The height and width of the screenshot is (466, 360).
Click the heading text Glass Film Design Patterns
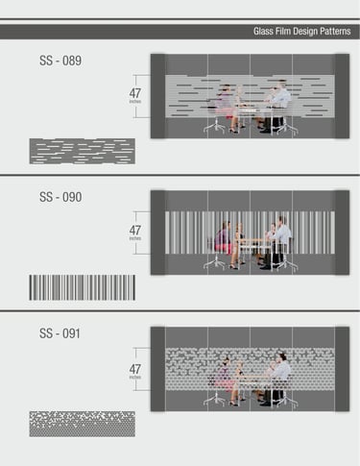tap(301, 32)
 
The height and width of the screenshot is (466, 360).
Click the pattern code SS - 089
tap(60, 61)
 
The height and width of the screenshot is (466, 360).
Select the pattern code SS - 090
tap(60, 197)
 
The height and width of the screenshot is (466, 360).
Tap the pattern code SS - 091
tap(60, 333)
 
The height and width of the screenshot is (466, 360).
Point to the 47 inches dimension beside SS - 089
tap(135, 95)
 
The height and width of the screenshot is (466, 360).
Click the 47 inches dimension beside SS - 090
tap(135, 233)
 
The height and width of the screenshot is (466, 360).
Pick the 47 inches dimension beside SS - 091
tap(135, 371)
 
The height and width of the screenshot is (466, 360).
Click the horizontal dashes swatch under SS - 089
tap(83, 151)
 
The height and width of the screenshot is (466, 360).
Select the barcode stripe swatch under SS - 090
tap(83, 287)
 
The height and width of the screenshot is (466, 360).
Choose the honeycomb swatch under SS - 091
tap(83, 424)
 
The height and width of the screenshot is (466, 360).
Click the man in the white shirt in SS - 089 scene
tap(279, 106)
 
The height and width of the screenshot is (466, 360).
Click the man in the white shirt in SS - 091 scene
tap(277, 378)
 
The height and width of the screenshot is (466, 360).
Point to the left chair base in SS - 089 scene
tap(215, 127)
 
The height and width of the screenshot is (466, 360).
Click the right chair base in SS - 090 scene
tap(287, 264)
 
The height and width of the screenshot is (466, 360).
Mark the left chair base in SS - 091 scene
tap(215, 401)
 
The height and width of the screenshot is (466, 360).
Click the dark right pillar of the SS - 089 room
tap(342, 96)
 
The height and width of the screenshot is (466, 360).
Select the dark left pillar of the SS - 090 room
tap(158, 233)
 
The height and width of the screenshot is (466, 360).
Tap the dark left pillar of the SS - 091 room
tap(158, 369)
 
